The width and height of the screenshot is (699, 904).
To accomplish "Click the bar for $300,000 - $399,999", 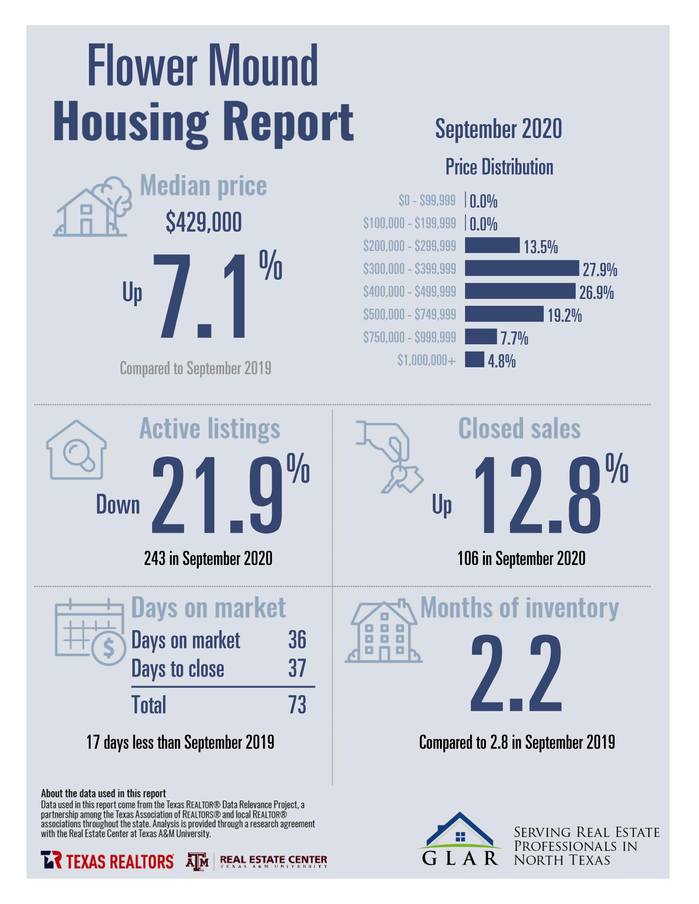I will pos(521,268).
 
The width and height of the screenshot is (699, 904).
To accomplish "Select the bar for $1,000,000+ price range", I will pos(474,359).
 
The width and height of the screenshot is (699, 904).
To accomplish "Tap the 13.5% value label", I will pos(541,248).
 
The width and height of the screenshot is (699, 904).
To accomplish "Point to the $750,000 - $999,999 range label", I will pos(409,337).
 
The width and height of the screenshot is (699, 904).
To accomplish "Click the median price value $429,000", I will pos(204,223).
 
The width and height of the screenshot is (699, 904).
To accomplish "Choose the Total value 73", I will pos(297,705).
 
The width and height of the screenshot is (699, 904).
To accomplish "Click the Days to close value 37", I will pos(297,669).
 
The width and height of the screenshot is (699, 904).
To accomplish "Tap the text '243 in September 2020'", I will pos(208,559).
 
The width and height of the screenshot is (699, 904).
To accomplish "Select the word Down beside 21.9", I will pos(118,505).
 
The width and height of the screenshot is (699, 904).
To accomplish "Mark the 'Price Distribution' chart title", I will pos(499,167).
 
